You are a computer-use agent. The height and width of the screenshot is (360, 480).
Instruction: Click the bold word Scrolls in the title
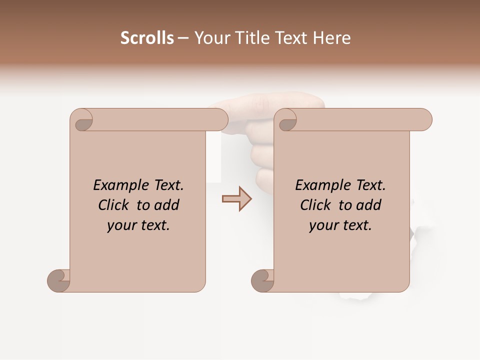(147, 38)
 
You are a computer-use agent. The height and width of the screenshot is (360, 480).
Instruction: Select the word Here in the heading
(331, 38)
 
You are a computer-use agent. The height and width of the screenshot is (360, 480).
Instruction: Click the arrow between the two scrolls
(237, 198)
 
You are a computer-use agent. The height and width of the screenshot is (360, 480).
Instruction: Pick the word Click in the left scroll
(113, 205)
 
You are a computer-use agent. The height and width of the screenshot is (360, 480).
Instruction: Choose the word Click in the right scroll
(315, 205)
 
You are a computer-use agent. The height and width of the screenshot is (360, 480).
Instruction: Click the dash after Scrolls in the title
(183, 38)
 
